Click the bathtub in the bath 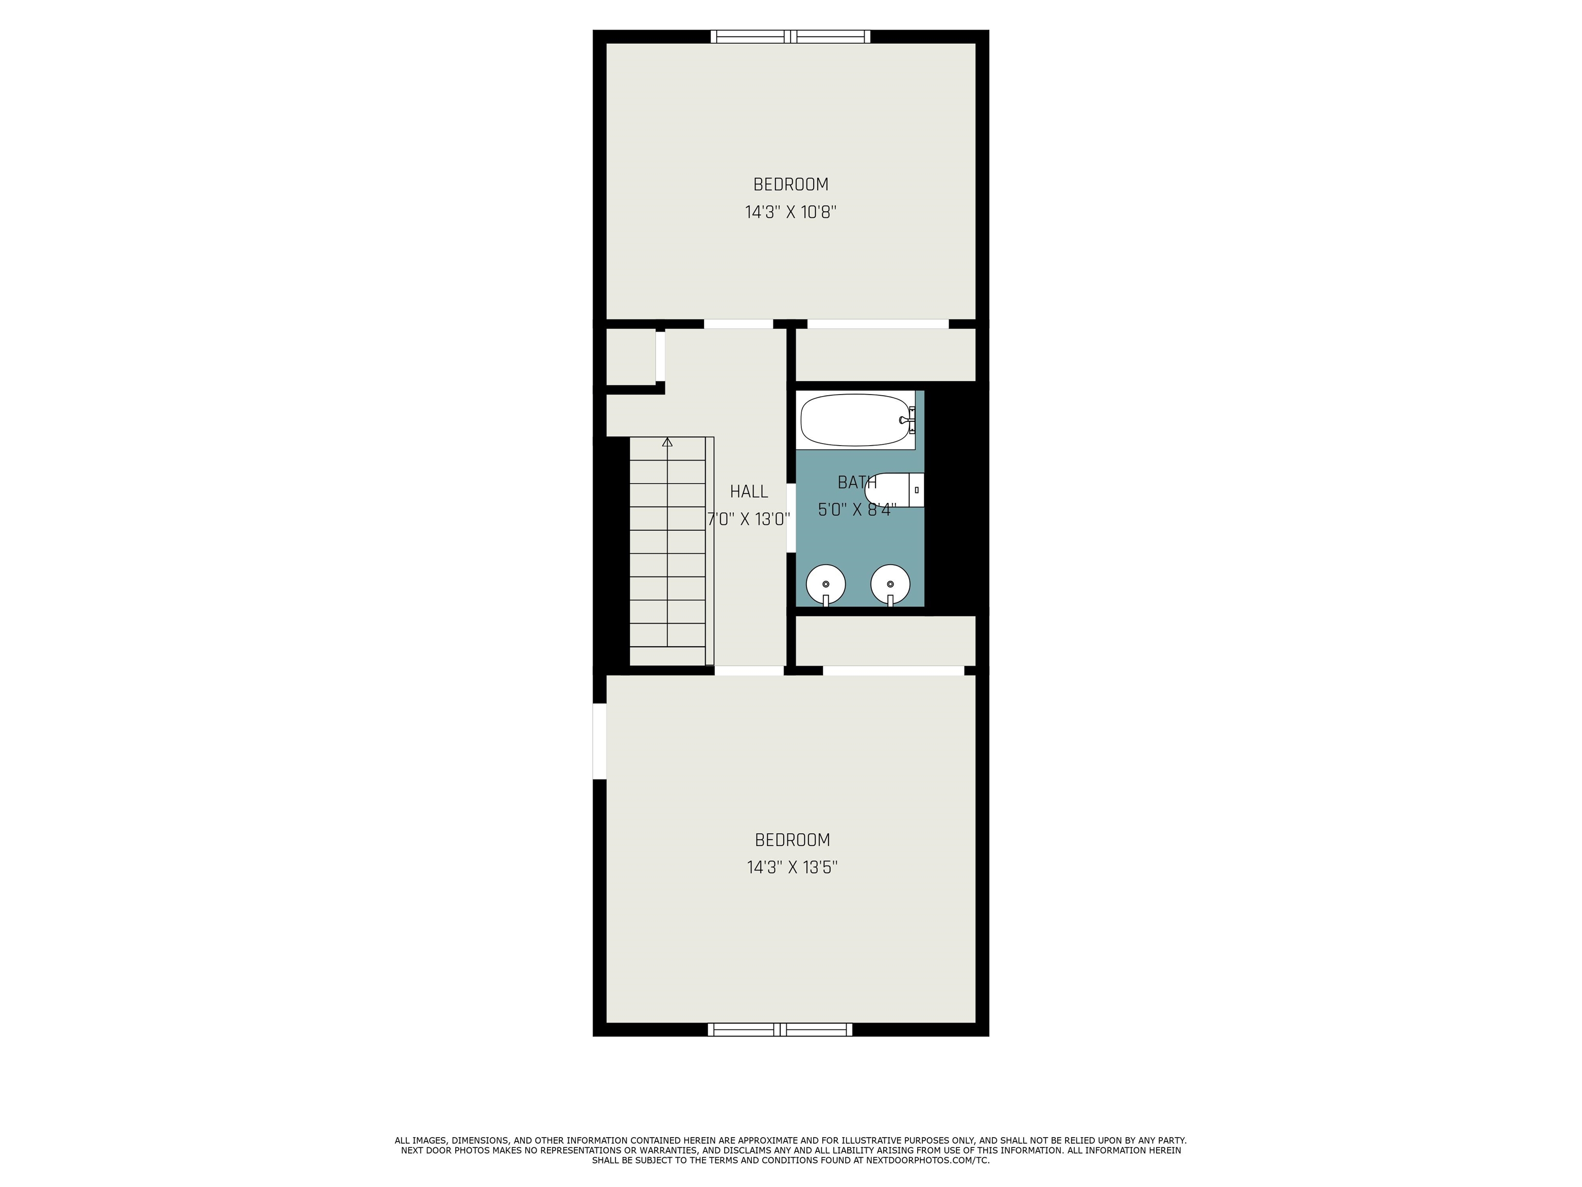(x=855, y=420)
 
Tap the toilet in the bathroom (x=894, y=490)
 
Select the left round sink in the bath (x=826, y=585)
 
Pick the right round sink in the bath (x=890, y=585)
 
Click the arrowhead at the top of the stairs (x=667, y=442)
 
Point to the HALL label (x=749, y=491)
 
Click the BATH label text (x=857, y=482)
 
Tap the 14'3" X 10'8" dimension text (x=791, y=212)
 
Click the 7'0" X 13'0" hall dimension (x=749, y=519)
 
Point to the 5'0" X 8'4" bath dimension (x=857, y=510)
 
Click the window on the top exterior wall (x=790, y=37)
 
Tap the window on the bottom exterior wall (x=780, y=1029)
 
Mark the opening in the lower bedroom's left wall (x=599, y=741)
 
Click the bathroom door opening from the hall (x=791, y=518)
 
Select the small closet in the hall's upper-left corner (x=631, y=357)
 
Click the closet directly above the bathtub (x=885, y=355)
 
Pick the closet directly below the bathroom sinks (x=885, y=641)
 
